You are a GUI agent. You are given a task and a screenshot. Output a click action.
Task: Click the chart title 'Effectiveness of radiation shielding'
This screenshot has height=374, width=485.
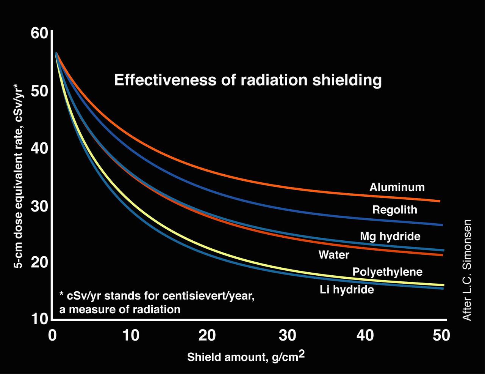(248, 80)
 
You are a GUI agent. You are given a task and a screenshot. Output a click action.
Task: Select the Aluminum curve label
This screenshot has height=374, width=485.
(397, 187)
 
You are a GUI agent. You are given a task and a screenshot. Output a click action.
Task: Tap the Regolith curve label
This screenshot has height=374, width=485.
(394, 210)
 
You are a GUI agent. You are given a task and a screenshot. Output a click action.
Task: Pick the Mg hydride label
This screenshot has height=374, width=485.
(390, 237)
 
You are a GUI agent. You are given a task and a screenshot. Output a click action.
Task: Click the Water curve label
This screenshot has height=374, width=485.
(333, 254)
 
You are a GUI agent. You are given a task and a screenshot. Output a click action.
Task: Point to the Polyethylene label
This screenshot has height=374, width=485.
(387, 272)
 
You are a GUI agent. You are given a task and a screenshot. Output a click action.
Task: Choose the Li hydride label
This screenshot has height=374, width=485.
(347, 290)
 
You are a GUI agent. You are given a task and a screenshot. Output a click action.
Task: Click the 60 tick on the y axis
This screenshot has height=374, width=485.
(39, 33)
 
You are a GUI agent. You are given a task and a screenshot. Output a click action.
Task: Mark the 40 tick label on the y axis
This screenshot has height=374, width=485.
(39, 148)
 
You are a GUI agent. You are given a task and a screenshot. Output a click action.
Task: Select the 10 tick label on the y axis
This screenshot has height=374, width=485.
(39, 319)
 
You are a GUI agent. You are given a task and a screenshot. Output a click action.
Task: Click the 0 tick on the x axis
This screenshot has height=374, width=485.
(52, 336)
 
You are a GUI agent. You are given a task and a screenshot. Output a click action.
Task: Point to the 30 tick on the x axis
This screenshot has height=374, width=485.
(287, 336)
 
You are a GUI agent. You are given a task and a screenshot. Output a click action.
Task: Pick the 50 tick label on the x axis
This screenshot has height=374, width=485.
(441, 336)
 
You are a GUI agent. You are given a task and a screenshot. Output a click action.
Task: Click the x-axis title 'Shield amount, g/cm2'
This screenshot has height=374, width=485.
(246, 357)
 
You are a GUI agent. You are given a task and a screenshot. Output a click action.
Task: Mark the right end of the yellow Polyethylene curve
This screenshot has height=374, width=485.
(443, 285)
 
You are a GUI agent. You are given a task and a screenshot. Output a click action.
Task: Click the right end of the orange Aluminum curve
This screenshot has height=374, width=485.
(439, 201)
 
